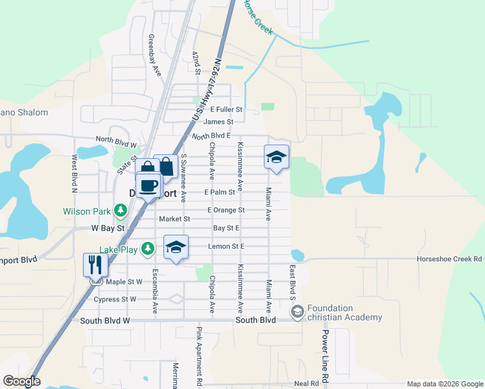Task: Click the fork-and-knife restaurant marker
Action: (95, 265)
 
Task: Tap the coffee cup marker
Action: (148, 186)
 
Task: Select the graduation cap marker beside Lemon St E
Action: (176, 248)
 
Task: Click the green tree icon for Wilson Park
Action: (120, 211)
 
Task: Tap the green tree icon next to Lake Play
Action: (148, 248)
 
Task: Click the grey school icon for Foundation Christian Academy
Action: (297, 312)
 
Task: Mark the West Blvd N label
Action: (75, 174)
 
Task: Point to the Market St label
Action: (174, 219)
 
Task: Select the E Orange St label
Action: (226, 210)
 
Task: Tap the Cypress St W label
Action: (115, 300)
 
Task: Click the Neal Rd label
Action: (306, 383)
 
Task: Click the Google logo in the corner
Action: (21, 381)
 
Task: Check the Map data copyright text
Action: (445, 384)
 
